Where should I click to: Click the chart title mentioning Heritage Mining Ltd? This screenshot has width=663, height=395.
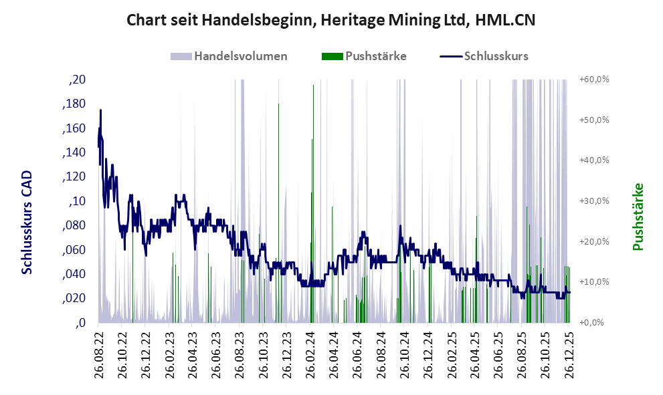[x=331, y=21]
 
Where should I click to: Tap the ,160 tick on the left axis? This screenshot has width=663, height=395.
[x=74, y=128]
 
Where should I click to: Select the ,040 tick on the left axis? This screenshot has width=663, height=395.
[x=74, y=274]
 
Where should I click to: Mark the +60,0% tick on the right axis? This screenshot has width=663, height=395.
[x=593, y=80]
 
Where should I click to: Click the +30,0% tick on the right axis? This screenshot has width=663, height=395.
[x=593, y=201]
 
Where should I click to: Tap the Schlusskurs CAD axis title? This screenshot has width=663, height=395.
[x=27, y=222]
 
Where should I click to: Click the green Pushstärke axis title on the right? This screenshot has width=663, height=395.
[x=638, y=217]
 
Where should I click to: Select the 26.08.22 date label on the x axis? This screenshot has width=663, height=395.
[x=99, y=356]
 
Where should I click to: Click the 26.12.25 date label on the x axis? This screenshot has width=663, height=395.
[x=569, y=356]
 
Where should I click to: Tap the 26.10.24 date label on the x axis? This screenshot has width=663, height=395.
[x=404, y=356]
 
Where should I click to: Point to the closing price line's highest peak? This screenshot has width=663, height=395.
[x=101, y=110]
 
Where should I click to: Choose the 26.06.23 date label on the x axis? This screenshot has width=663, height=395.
[x=216, y=356]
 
